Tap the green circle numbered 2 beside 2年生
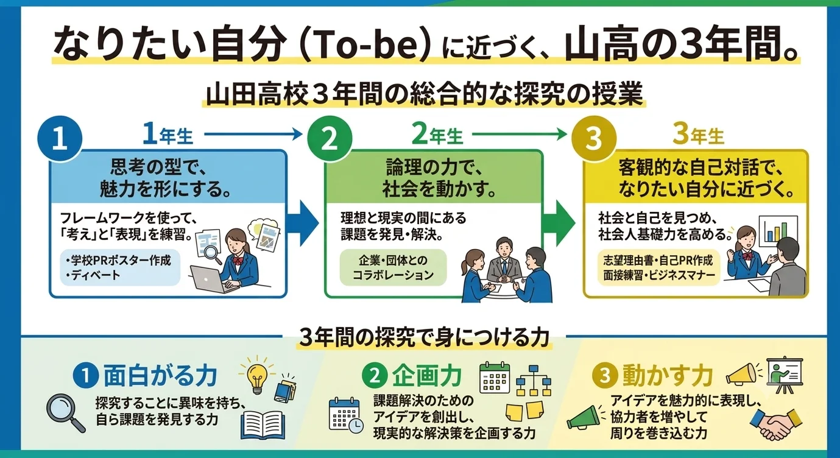(330, 139)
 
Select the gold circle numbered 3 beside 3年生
(594, 139)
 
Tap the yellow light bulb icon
(257, 376)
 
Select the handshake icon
(775, 424)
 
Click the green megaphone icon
(585, 417)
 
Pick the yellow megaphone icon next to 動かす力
(743, 373)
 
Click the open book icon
(263, 425)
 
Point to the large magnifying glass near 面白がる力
(66, 414)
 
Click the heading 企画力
(427, 376)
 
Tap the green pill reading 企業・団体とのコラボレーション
(393, 267)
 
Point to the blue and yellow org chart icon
(533, 381)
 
